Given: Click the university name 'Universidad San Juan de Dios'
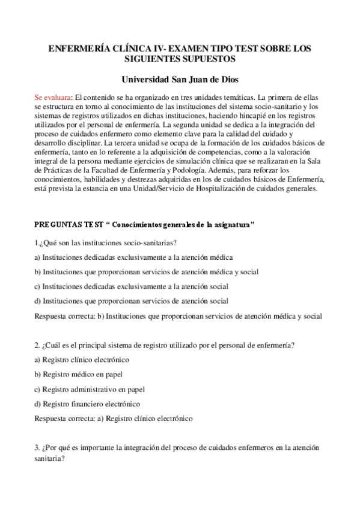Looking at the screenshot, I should click(x=180, y=79).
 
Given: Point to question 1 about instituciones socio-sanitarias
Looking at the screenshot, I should click(x=105, y=242).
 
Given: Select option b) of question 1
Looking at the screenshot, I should click(x=147, y=271).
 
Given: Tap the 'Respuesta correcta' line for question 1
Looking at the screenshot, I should click(x=178, y=316).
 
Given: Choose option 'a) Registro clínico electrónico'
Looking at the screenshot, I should click(x=82, y=360).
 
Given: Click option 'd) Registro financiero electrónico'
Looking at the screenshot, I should click(x=87, y=404).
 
